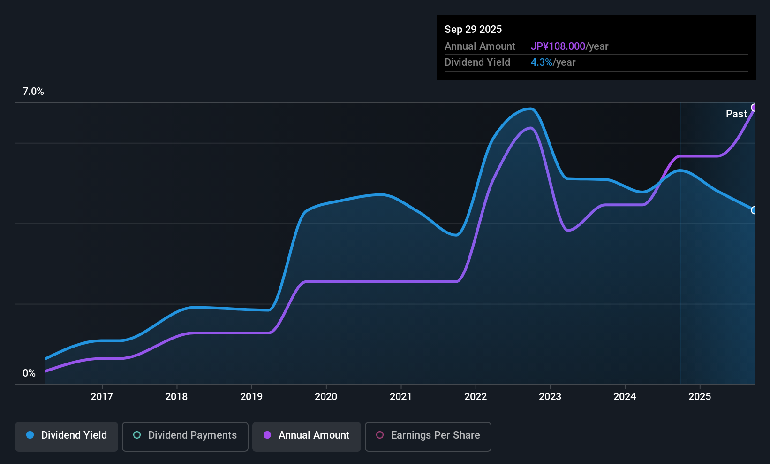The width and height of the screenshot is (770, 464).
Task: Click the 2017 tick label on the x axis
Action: tap(101, 396)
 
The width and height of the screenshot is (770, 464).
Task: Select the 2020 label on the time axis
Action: tap(326, 396)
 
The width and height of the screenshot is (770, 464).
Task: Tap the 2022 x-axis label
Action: tap(476, 396)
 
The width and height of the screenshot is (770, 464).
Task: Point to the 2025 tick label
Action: tap(700, 396)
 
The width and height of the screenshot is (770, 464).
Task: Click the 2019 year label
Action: tap(251, 396)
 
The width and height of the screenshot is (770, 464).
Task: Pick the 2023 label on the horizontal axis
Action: tap(550, 396)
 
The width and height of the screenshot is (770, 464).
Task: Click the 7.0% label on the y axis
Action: tap(33, 92)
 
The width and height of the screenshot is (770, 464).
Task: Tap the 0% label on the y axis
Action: tap(29, 373)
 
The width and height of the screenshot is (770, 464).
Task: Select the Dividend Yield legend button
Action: tap(67, 435)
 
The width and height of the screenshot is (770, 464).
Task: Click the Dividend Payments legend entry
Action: tap(185, 435)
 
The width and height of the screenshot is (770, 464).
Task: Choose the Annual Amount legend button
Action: tap(307, 435)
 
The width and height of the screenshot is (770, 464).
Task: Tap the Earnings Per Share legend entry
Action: tap(428, 435)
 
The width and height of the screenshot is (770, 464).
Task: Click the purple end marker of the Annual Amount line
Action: tap(754, 108)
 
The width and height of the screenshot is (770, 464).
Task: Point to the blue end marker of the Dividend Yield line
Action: tap(754, 210)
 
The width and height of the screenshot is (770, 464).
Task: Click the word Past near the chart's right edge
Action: tap(736, 114)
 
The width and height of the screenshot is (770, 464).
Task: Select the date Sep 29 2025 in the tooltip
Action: tap(473, 29)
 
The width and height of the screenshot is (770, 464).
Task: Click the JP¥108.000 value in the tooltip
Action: tap(558, 46)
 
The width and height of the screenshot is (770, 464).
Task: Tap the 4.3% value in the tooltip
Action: tap(541, 62)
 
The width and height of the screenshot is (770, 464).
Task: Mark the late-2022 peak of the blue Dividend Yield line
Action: tap(530, 109)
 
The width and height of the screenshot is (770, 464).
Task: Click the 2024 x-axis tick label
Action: tap(625, 396)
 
